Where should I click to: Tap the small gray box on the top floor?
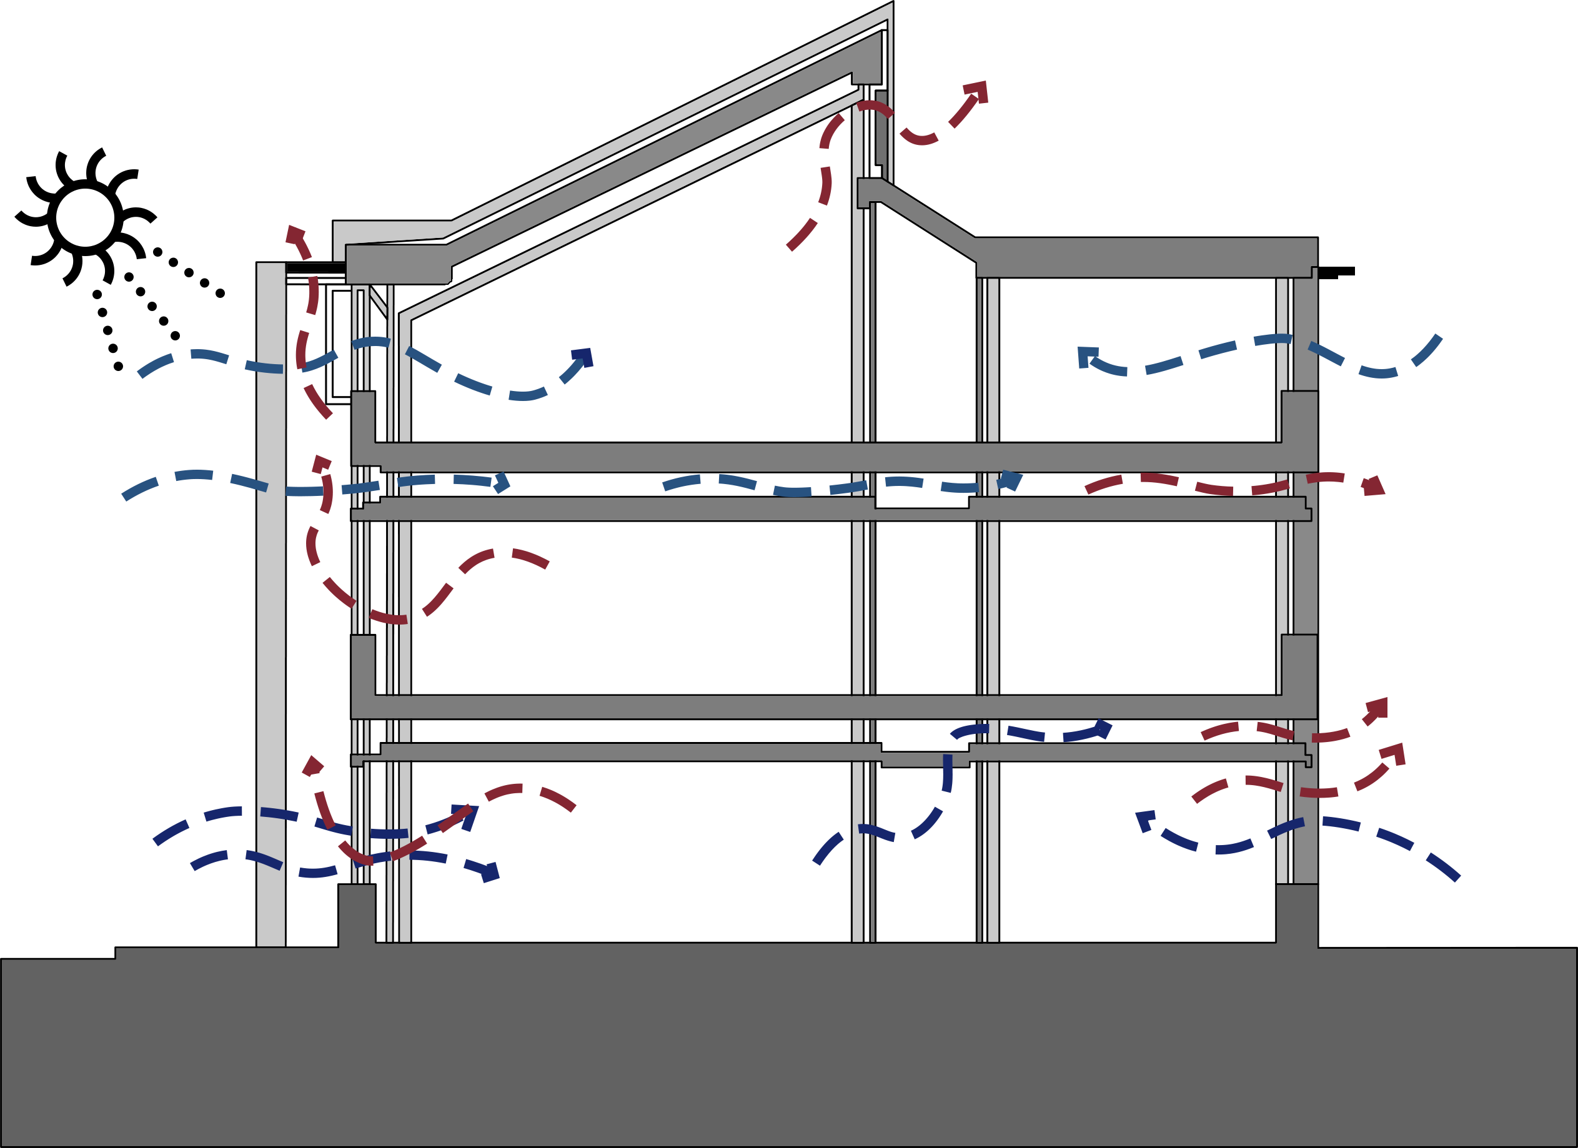627,416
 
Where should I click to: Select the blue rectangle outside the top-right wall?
1381,355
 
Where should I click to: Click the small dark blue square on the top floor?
582,356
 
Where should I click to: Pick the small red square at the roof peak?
975,91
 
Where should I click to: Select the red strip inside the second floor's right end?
1183,484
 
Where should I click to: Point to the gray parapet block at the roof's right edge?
1298,207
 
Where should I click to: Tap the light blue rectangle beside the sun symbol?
196,369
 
